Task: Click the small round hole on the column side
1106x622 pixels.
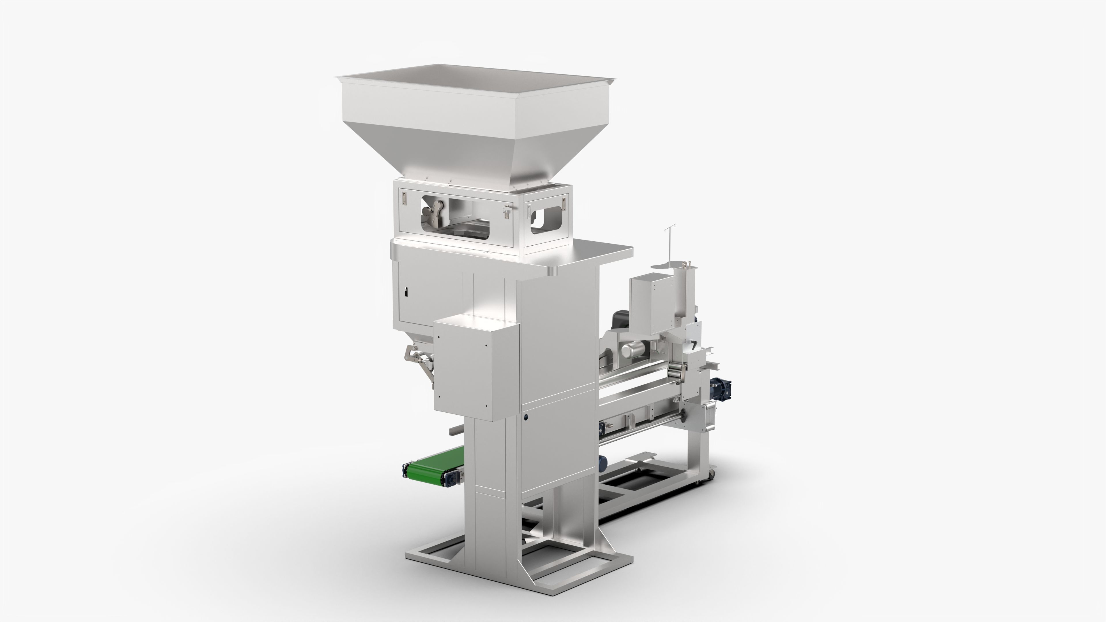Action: point(525,417)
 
